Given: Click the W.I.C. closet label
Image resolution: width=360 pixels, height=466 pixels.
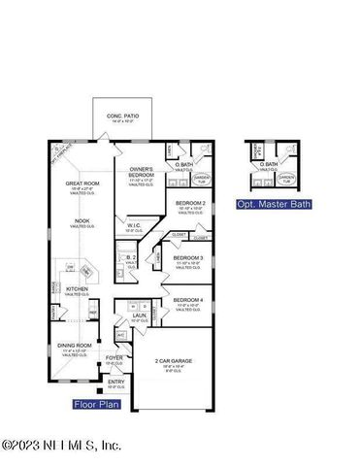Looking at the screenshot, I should [x=134, y=227].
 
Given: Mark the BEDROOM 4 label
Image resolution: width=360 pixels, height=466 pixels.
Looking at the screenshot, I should [x=187, y=301].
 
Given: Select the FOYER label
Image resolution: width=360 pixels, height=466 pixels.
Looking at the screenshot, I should [x=115, y=358].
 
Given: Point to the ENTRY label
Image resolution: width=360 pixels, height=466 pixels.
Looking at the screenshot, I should [x=115, y=383].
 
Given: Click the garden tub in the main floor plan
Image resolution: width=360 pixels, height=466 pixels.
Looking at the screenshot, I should [x=202, y=178].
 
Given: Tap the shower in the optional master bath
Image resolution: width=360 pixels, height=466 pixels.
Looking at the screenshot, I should [x=256, y=151].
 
